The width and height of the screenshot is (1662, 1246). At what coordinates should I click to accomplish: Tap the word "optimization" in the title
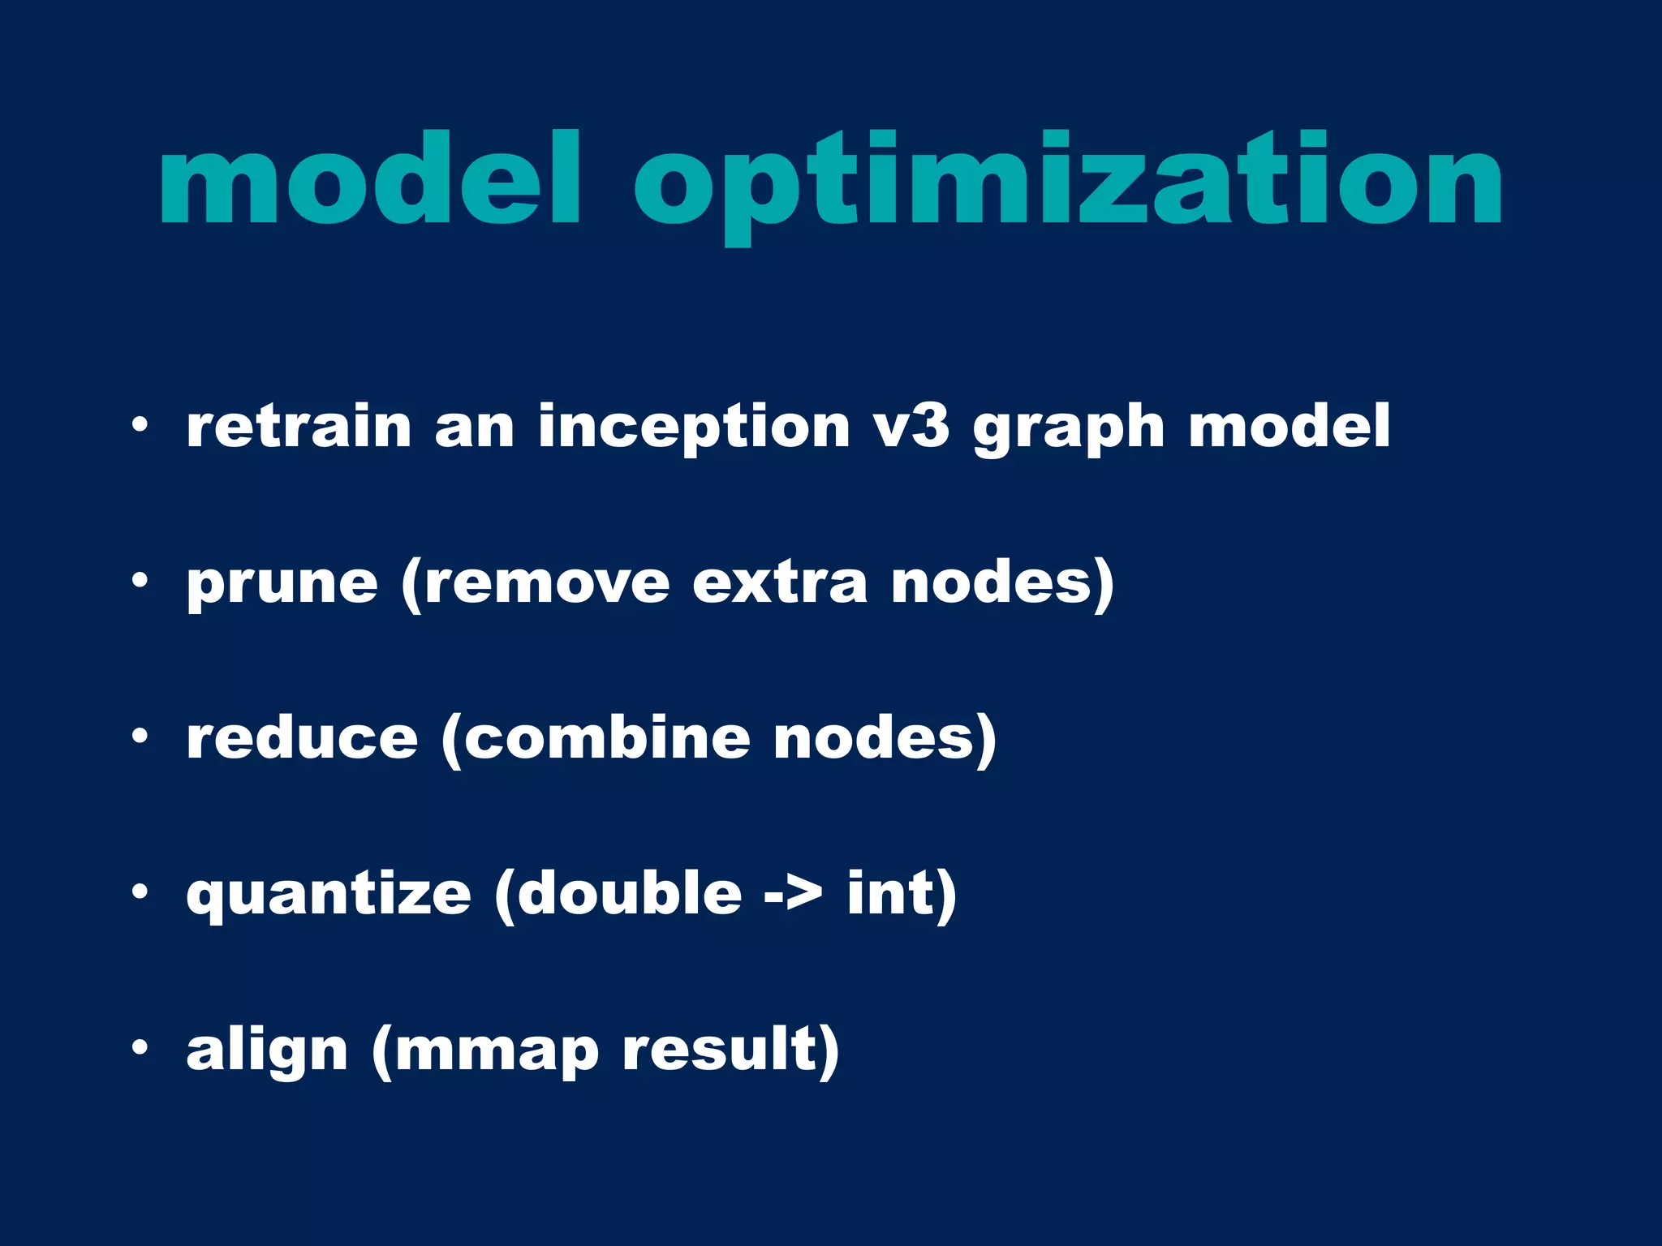tap(1067, 183)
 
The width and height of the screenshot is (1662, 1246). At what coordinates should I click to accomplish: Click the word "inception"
tap(694, 428)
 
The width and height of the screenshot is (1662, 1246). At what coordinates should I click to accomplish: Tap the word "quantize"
tap(329, 896)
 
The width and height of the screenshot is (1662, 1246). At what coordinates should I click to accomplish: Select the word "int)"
tap(902, 894)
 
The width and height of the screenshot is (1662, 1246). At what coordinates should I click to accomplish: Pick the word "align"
tap(267, 1051)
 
